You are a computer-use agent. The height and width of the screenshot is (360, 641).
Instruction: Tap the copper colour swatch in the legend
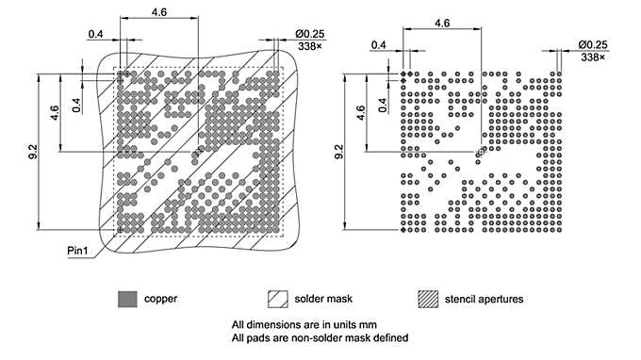(126, 299)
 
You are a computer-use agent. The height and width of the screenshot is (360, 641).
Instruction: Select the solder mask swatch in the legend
(277, 299)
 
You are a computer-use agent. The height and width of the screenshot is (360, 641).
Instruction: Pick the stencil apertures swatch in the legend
(427, 299)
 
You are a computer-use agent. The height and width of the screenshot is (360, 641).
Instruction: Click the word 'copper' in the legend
(159, 299)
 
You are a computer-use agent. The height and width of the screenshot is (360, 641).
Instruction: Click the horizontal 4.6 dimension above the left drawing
(159, 11)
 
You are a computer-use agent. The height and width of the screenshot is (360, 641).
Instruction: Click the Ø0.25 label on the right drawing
(594, 44)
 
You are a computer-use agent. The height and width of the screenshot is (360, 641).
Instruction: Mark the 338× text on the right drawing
(594, 57)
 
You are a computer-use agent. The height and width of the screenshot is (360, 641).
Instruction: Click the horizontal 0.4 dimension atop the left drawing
(95, 34)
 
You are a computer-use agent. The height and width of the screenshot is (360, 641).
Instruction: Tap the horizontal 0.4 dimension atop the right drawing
(379, 44)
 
